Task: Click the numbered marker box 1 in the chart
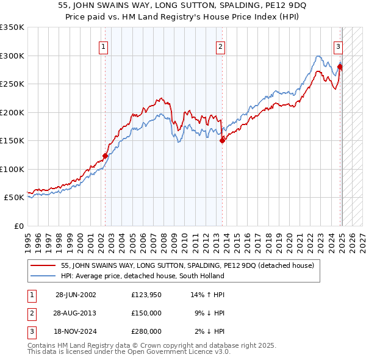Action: coord(103,46)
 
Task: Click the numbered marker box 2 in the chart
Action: coord(220,46)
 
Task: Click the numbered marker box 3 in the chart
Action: coord(337,46)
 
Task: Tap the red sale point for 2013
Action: coord(222,141)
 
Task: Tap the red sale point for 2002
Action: coord(106,156)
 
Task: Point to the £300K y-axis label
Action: coord(12,56)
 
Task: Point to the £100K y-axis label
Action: coord(12,169)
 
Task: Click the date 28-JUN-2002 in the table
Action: coord(76,295)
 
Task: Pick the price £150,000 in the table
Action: coord(146,313)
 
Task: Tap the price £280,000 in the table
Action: coord(146,331)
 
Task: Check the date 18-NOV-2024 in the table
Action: coord(76,331)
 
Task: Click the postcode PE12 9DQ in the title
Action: coord(286,7)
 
